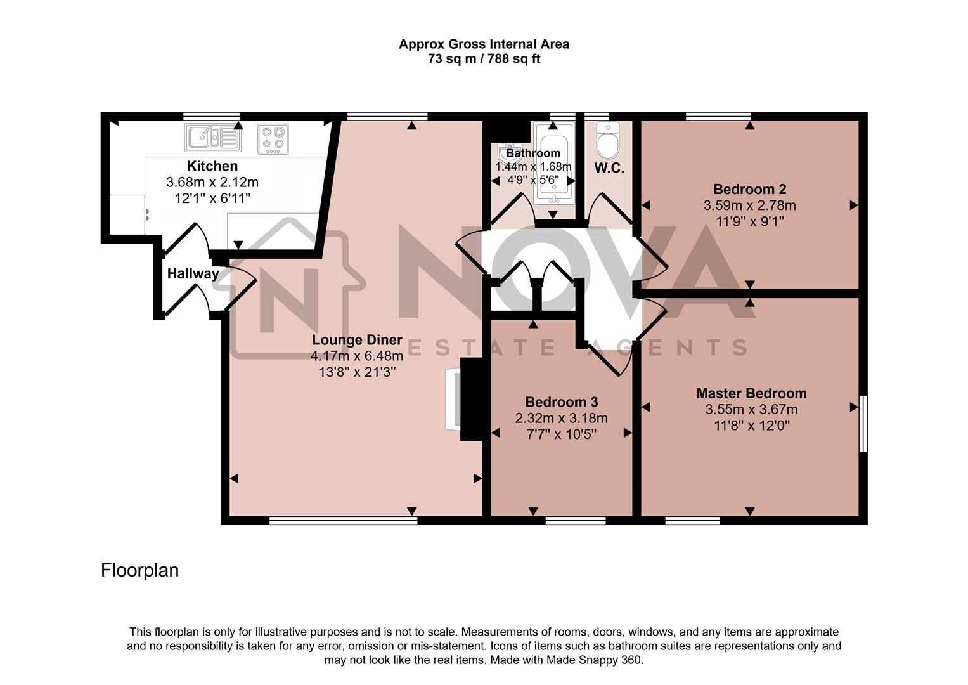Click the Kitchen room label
[x=212, y=166]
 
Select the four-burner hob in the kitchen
[x=273, y=139]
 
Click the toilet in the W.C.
[x=607, y=142]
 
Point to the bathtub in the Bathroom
[x=553, y=164]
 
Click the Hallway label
[x=193, y=274]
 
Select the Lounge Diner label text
[x=357, y=340]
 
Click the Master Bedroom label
[x=751, y=393]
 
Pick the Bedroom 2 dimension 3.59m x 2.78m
[x=749, y=205]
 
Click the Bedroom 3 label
[x=561, y=402]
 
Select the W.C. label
[x=609, y=169]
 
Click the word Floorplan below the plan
[x=139, y=571]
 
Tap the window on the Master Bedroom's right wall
[x=863, y=424]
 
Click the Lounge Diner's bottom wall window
[x=343, y=521]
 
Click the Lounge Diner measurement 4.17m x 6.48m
[x=357, y=356]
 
